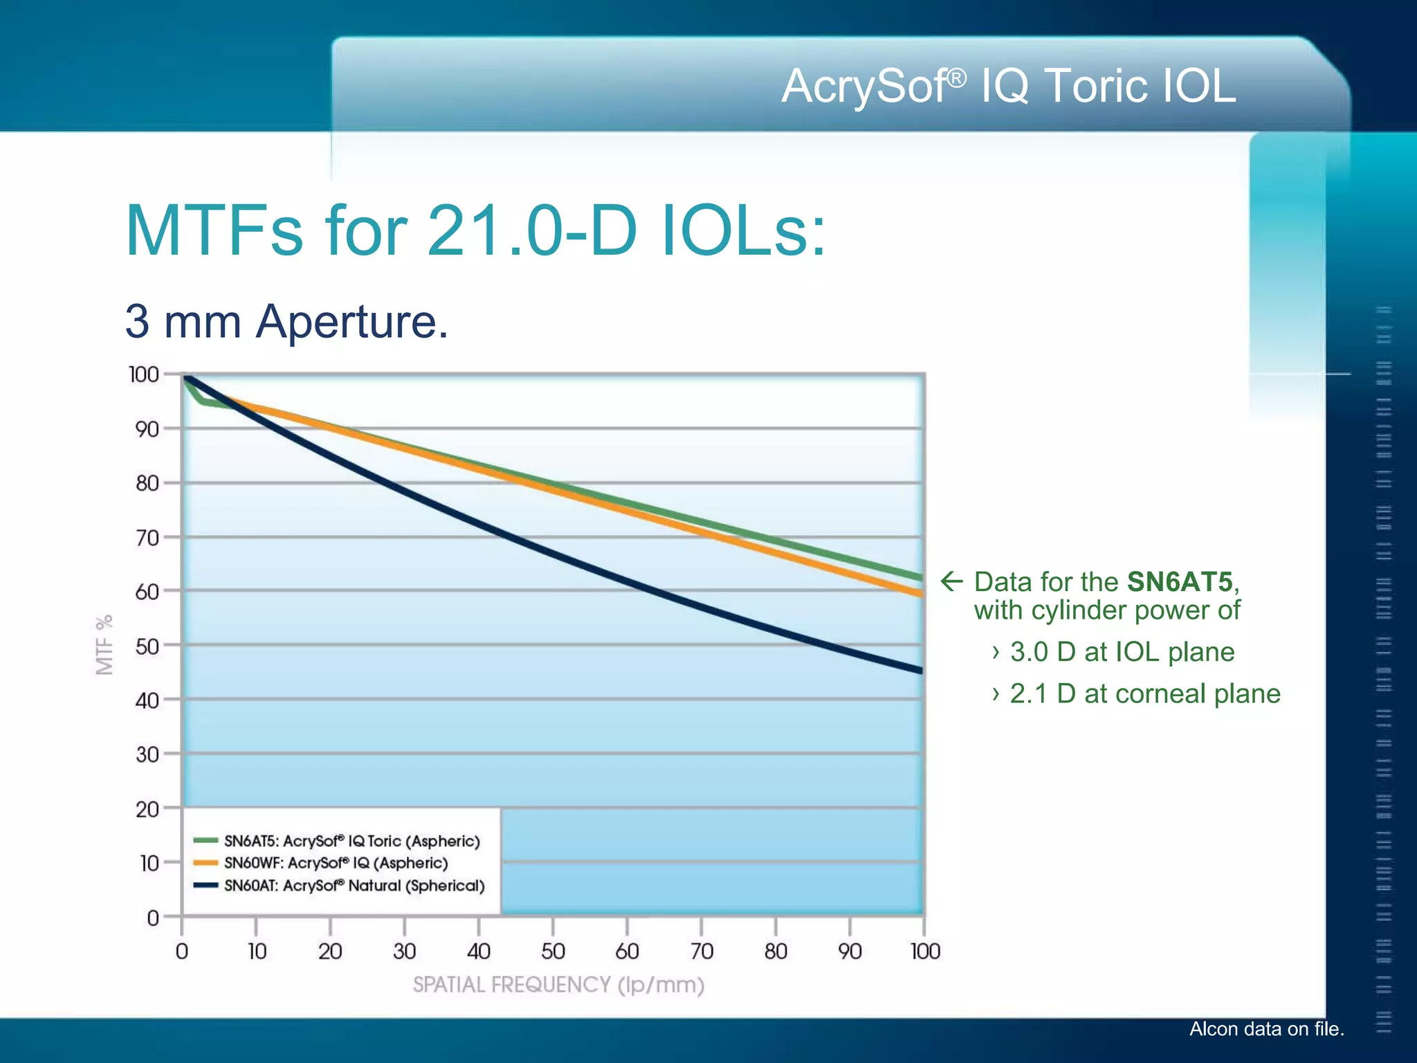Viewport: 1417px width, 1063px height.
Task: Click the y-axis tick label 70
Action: [147, 538]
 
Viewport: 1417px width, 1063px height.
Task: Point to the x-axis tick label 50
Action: [553, 952]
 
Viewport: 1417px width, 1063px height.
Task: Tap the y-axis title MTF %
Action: [104, 644]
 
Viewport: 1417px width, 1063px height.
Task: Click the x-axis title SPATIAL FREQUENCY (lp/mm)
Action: [558, 985]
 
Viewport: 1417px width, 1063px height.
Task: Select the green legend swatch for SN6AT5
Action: [205, 841]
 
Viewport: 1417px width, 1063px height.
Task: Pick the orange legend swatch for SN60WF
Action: [205, 863]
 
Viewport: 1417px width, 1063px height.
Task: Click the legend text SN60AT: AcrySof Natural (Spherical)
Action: [354, 886]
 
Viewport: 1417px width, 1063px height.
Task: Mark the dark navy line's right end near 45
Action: [920, 670]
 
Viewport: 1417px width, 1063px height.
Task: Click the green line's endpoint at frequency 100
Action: [920, 577]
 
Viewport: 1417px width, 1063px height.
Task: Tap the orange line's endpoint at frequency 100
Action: [920, 594]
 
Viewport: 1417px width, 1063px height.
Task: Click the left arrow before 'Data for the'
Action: [952, 581]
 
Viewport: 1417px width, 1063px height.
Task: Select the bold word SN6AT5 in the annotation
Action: [1180, 582]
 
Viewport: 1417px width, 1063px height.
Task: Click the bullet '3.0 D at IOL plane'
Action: [1122, 652]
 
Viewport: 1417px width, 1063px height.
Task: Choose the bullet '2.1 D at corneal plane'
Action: [1144, 694]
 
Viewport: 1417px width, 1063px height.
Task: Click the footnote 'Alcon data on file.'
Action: [1266, 1029]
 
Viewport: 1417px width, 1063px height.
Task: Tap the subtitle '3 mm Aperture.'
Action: [286, 321]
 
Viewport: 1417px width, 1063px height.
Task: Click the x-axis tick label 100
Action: [925, 952]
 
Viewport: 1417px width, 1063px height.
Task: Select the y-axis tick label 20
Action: [147, 809]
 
